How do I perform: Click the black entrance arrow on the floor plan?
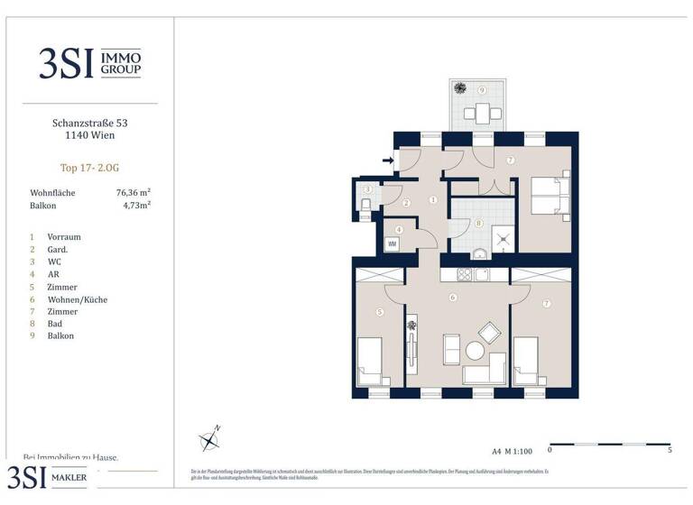tap(387, 161)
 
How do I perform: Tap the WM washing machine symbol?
tap(393, 244)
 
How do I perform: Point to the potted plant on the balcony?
tap(460, 87)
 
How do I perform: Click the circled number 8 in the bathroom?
tap(479, 223)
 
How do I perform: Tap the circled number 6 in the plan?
tap(452, 298)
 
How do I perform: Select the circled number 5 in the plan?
tap(380, 312)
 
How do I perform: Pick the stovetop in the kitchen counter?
tap(465, 274)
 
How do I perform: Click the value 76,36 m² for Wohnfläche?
tap(133, 192)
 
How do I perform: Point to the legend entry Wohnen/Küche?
tap(78, 298)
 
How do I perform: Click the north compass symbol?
tap(209, 440)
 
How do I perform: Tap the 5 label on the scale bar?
tap(670, 450)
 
